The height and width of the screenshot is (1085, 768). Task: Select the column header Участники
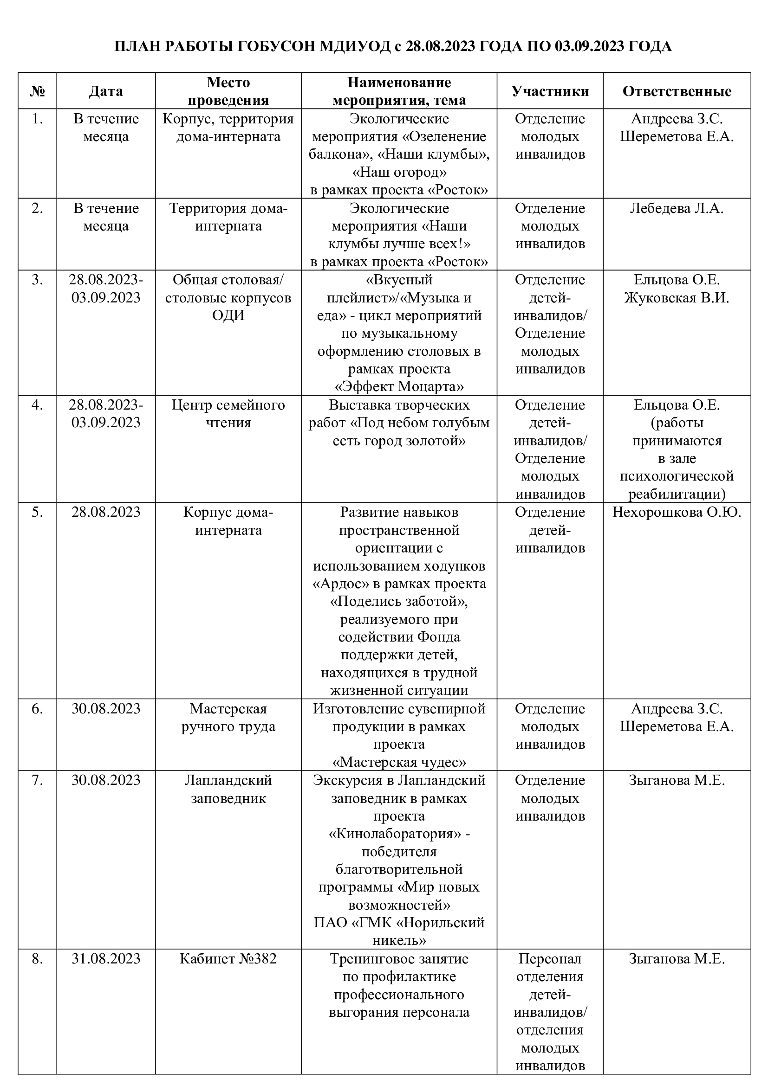coord(550,91)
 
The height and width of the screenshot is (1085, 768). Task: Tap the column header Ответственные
coord(677,91)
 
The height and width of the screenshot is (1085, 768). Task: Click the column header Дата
coord(106,91)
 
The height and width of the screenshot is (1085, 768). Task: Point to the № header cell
coord(37,91)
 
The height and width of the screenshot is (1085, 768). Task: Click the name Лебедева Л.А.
coord(677,208)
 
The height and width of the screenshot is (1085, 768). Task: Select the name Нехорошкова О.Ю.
coord(677,512)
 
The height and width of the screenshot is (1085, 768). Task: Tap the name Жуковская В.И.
coord(677,298)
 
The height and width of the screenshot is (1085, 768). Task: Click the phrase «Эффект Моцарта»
coord(399,387)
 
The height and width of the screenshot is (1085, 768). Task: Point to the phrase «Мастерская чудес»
coord(399,762)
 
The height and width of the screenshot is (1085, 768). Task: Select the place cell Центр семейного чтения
coord(228,413)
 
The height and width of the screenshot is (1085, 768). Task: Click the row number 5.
coord(37,512)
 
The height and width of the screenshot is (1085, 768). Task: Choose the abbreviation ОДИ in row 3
coord(228,315)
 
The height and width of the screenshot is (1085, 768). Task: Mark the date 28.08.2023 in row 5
coord(106,512)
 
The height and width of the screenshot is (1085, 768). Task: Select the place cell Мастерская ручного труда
coord(228,717)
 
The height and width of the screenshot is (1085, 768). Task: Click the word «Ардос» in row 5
coord(341,584)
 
